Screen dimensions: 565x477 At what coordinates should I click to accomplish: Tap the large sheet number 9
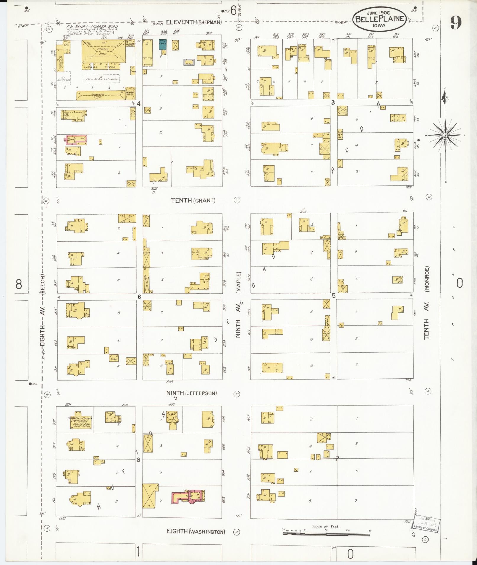pos(456,23)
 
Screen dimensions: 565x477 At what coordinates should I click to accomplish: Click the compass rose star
pos(445,135)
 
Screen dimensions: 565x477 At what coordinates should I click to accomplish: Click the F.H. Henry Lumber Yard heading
pos(92,27)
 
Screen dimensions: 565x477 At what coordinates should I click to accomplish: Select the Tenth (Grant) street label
pos(193,201)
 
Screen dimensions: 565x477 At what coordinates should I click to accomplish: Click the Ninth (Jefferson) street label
pos(191,393)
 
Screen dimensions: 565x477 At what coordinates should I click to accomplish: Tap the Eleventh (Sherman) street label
pos(193,22)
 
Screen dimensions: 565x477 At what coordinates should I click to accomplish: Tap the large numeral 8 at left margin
pos(19,284)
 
